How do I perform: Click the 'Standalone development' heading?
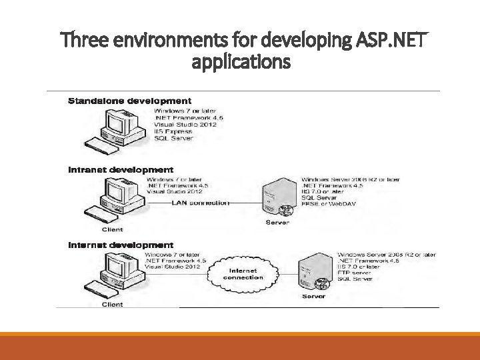(129, 101)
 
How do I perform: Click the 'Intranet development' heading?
(121, 170)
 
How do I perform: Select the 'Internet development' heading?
(121, 245)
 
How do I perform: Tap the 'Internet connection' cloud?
(243, 273)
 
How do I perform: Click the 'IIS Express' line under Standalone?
(173, 131)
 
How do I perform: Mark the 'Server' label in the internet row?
(313, 295)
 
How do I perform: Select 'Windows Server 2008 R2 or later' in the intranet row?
(351, 179)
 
